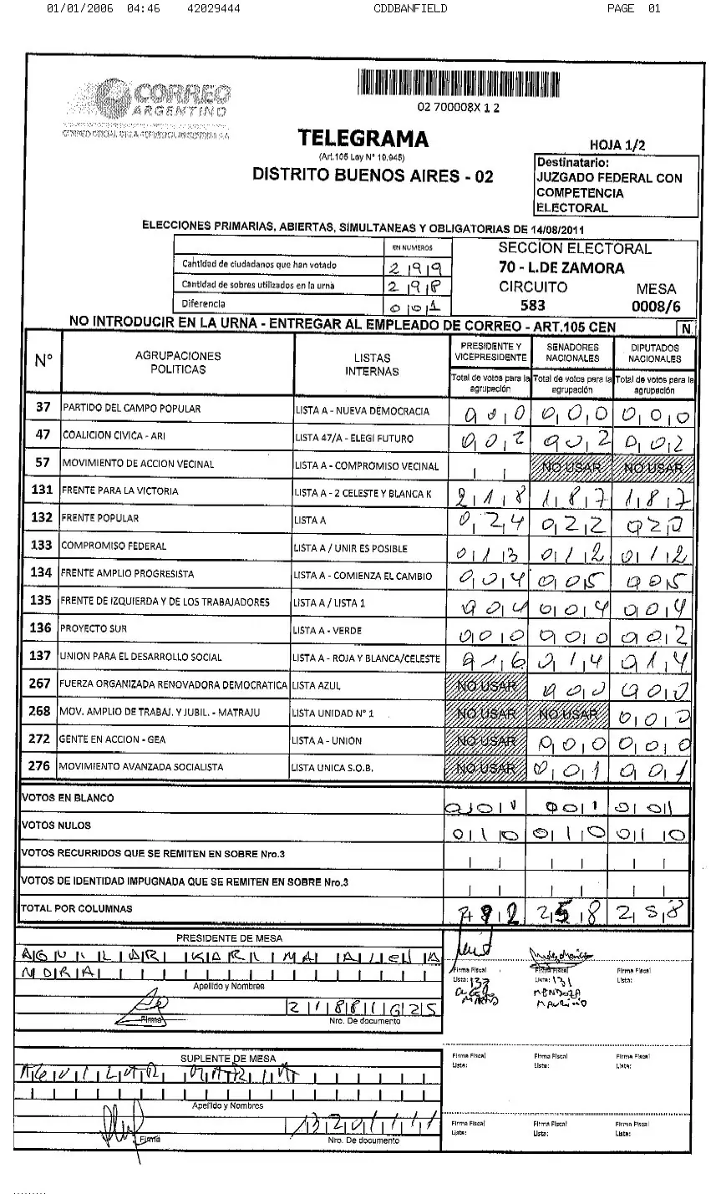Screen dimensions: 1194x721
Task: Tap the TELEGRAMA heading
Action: pyautogui.click(x=363, y=140)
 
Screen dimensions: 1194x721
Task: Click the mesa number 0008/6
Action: pyautogui.click(x=655, y=307)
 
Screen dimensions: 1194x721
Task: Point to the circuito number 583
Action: pyautogui.click(x=532, y=306)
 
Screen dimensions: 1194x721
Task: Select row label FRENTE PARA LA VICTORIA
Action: pyautogui.click(x=120, y=491)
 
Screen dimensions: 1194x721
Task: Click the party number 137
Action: pyautogui.click(x=41, y=657)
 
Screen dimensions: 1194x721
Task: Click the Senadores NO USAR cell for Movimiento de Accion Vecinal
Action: pyautogui.click(x=572, y=465)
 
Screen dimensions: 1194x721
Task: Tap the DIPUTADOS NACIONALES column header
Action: pyautogui.click(x=655, y=353)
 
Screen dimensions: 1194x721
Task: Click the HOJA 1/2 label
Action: pyautogui.click(x=617, y=145)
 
